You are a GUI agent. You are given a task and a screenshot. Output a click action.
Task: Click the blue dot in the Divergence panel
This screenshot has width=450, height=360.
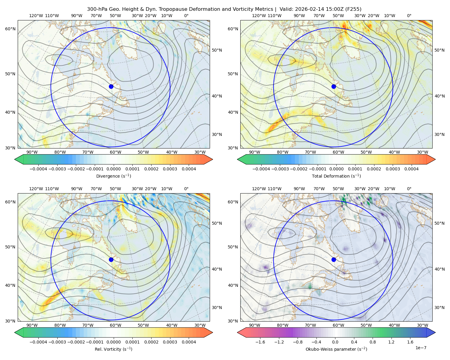click(111, 86)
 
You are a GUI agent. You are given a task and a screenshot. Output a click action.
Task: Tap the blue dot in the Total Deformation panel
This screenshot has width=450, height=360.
click(334, 86)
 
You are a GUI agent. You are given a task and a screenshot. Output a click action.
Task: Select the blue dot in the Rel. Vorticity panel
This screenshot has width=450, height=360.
click(111, 259)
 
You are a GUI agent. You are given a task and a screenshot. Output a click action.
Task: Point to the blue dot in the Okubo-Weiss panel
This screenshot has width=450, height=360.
click(334, 259)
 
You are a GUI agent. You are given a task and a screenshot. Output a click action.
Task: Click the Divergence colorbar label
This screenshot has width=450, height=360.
click(113, 176)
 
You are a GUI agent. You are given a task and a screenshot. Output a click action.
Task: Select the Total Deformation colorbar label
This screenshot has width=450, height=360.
click(336, 176)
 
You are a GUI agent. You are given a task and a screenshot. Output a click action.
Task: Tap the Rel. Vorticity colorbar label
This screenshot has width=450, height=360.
click(113, 349)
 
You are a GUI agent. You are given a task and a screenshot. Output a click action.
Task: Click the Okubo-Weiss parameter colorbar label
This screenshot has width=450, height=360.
click(336, 349)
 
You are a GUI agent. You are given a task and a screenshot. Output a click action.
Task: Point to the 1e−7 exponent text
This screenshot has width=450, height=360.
click(421, 348)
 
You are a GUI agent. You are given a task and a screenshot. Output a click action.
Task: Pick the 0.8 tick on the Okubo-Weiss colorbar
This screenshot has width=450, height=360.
click(373, 342)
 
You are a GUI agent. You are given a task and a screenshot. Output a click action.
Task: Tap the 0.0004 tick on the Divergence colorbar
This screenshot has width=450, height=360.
click(189, 169)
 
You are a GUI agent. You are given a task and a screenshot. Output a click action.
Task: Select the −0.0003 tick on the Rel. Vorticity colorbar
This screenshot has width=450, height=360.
click(57, 342)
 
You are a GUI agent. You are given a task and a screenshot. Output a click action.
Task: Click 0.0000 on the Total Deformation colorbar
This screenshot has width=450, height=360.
click(336, 169)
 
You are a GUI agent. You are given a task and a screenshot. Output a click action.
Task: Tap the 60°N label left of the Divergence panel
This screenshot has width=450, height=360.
click(10, 29)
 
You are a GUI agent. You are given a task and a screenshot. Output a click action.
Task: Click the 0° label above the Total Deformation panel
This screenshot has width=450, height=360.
click(409, 16)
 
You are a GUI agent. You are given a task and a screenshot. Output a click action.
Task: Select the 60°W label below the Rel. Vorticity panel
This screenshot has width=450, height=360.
click(115, 325)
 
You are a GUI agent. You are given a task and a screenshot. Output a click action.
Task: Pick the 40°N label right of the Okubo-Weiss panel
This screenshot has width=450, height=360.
click(439, 269)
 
